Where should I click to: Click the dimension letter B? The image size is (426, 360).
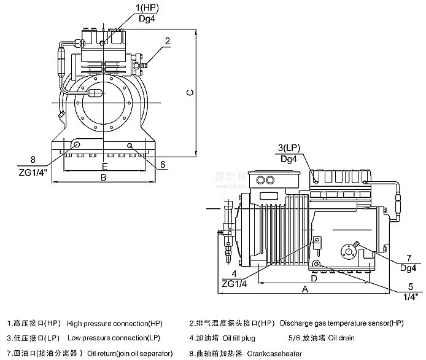(103, 177)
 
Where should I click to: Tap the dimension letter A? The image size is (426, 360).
(304, 288)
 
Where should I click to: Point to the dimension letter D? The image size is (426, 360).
(313, 278)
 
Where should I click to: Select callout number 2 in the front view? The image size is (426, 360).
(167, 41)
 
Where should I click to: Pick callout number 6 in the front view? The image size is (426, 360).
(163, 165)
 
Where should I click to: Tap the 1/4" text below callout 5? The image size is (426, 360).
(408, 297)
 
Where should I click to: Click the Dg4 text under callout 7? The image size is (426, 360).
(408, 267)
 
